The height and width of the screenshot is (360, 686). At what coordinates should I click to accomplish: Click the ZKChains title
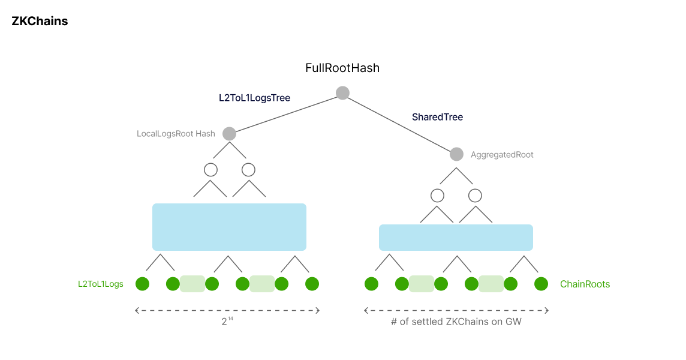tap(40, 22)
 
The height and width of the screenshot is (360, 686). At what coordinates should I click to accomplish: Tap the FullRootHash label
tap(342, 68)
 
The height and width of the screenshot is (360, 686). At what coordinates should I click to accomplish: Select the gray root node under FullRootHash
tap(342, 93)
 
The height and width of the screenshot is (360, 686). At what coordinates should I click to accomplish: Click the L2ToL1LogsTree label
tap(254, 98)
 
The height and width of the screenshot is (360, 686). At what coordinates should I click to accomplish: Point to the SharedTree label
tap(437, 117)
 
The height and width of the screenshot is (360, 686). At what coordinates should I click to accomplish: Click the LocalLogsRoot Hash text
tap(176, 134)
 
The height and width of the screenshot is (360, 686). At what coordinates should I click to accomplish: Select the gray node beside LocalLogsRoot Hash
tap(229, 134)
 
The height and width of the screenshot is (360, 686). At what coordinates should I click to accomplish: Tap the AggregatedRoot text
tap(502, 155)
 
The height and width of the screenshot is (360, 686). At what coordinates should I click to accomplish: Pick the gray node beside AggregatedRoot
tap(457, 154)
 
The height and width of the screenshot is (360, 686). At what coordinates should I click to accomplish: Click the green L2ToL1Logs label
tap(101, 284)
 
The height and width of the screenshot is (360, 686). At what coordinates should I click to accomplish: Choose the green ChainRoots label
tap(585, 284)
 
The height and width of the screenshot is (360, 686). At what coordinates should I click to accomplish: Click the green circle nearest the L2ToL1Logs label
tap(142, 284)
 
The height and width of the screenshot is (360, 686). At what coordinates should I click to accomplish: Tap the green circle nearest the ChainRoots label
tap(541, 284)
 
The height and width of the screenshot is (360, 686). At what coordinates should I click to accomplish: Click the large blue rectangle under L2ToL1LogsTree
tap(229, 227)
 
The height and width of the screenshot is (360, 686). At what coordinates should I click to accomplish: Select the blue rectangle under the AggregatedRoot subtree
tap(456, 238)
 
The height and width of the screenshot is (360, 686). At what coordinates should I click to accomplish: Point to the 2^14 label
tap(227, 322)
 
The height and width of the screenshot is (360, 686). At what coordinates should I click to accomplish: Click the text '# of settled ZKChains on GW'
tap(456, 322)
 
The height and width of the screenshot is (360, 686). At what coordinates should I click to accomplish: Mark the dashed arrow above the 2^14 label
tap(227, 310)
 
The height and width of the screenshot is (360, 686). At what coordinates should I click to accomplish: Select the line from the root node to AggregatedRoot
tap(399, 124)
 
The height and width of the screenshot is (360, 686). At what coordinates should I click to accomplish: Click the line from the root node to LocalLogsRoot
tap(286, 113)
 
